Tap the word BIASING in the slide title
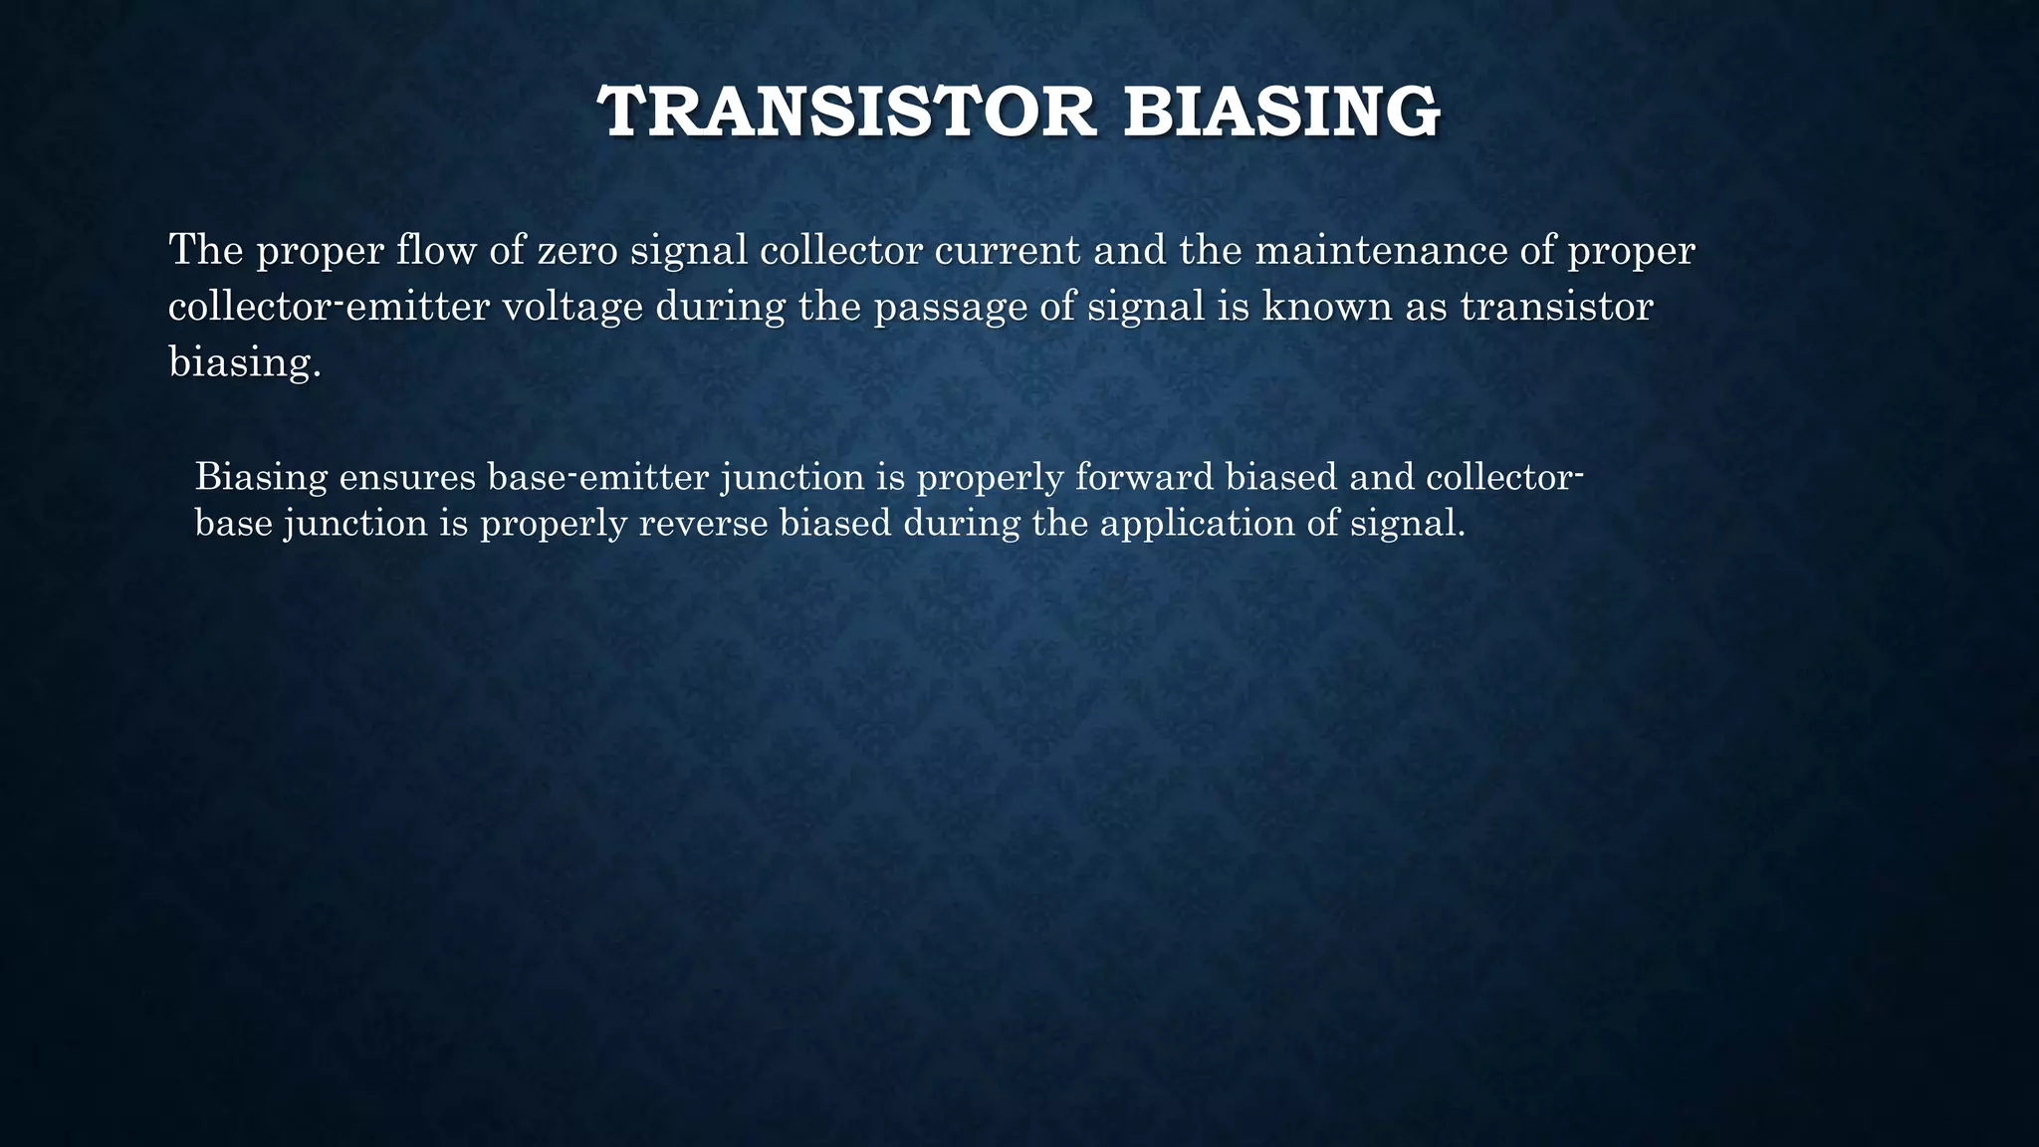click(x=1281, y=112)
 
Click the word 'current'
click(x=1007, y=249)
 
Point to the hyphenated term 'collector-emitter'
click(x=329, y=306)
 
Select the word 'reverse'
click(x=702, y=523)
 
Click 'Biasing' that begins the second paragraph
click(x=261, y=477)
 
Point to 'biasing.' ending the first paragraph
click(x=245, y=361)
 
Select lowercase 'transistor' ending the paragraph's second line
click(x=1556, y=306)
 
